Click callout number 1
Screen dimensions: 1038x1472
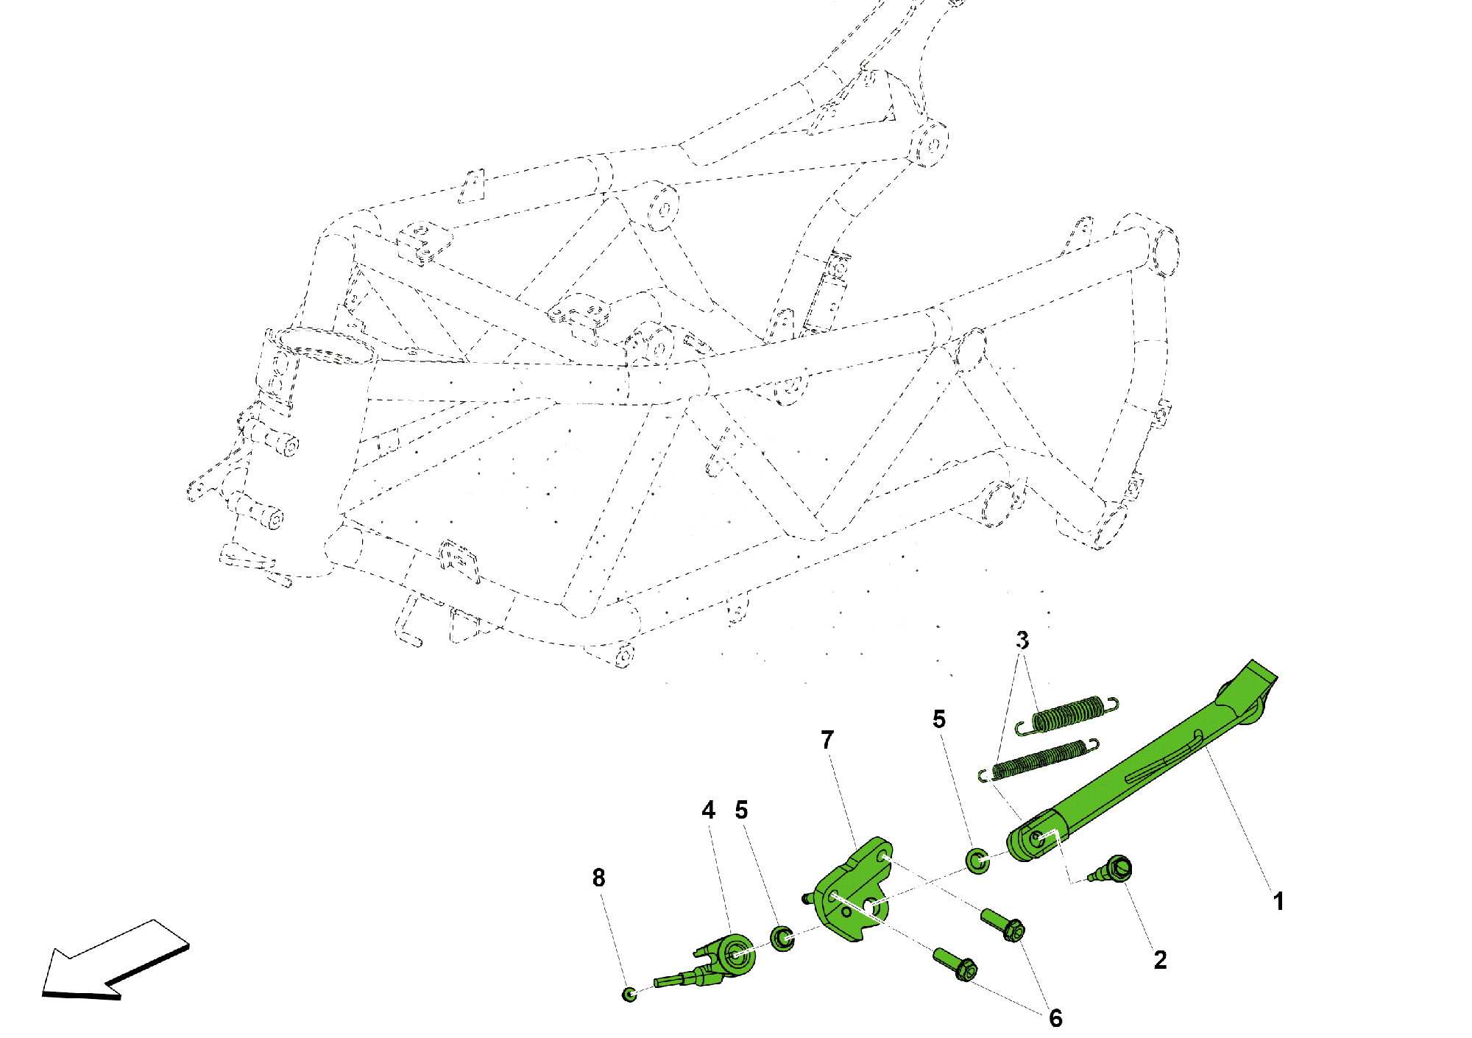(1278, 901)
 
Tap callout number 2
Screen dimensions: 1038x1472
(1160, 960)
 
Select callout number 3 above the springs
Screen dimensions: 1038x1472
(1022, 640)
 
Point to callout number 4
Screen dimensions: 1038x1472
(708, 811)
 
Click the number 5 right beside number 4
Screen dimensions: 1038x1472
(741, 811)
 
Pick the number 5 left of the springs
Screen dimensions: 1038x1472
(939, 719)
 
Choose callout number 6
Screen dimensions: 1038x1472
(1055, 1018)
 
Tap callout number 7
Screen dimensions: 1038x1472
(827, 740)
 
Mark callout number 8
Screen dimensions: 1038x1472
(599, 878)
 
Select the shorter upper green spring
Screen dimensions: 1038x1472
(1068, 715)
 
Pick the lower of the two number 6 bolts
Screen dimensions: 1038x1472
(955, 964)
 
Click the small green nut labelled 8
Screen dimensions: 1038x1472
(629, 995)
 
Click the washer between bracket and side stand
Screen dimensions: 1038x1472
(977, 860)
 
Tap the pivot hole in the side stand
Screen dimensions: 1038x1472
(1036, 838)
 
